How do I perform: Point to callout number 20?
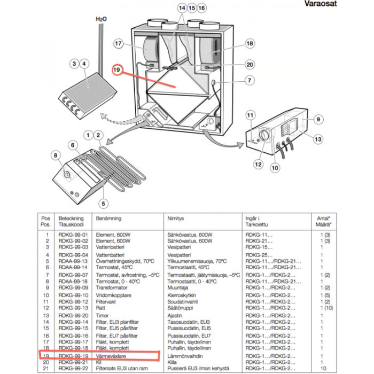[250, 65]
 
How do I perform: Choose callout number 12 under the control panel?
[258, 164]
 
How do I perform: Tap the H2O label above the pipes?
[101, 19]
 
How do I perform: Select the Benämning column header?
[108, 219]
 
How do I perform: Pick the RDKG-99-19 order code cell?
[73, 354]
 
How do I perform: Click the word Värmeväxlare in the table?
[111, 354]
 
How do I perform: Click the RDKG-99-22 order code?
[73, 369]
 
